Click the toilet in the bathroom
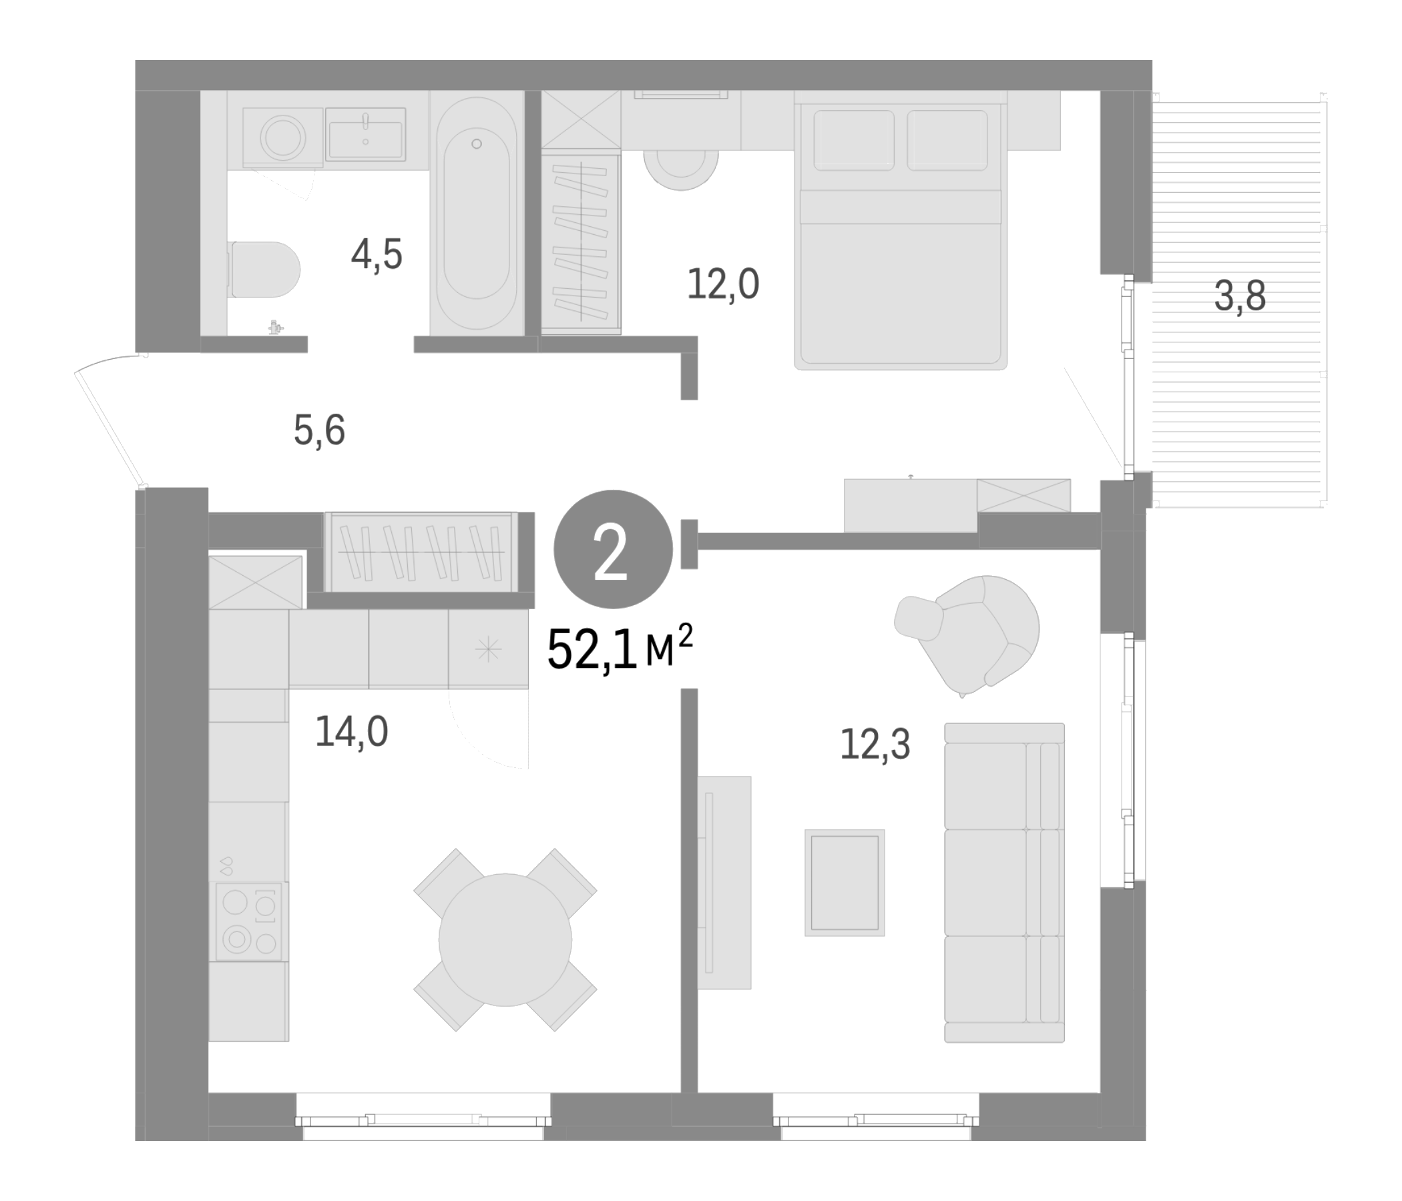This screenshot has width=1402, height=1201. (264, 269)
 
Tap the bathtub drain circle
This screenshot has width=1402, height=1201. (477, 143)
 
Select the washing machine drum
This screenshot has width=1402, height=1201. (284, 137)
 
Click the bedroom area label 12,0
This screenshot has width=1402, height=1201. (722, 284)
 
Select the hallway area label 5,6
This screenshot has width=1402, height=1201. (319, 431)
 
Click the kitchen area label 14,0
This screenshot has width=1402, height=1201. (351, 731)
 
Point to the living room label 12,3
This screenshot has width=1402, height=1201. (875, 745)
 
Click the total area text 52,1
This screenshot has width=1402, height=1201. (592, 649)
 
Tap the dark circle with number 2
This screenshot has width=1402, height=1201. (613, 549)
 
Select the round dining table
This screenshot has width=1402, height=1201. (505, 940)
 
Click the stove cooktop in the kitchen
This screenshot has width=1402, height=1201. (248, 921)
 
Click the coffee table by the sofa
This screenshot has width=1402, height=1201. (845, 883)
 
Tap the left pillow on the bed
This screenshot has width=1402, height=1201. (853, 140)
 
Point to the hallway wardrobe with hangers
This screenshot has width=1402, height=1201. (421, 552)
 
